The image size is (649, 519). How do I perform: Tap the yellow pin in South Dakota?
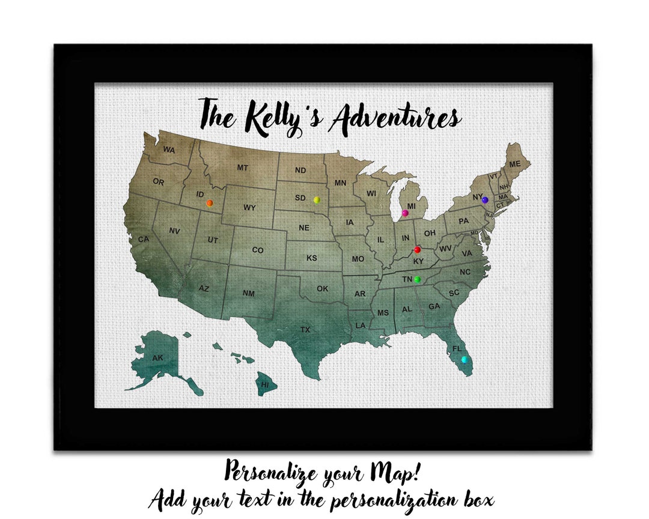pos(317,199)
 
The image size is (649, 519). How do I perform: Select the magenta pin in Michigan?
pos(405,213)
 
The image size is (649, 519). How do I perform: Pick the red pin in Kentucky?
pos(418,250)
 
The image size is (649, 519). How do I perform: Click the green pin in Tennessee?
pos(417,279)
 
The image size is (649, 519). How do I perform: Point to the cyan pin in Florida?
pos(464,359)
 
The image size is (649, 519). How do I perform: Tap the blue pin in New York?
pos(485,199)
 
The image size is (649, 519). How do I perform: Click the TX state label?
pos(305,329)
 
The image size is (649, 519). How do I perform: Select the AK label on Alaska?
pos(157,358)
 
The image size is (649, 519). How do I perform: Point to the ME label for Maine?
pos(515,164)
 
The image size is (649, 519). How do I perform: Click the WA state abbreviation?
pos(169,150)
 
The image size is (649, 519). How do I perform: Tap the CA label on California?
pos(144,240)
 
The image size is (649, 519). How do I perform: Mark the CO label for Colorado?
pos(257,250)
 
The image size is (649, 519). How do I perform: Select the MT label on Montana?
pos(242,168)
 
